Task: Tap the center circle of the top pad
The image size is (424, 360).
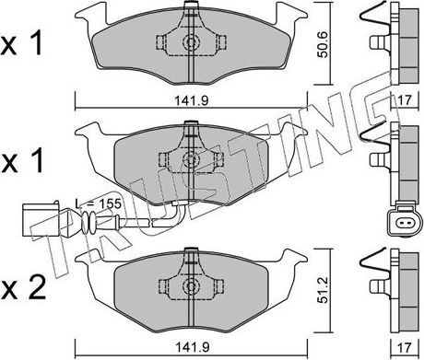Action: (190, 43)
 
